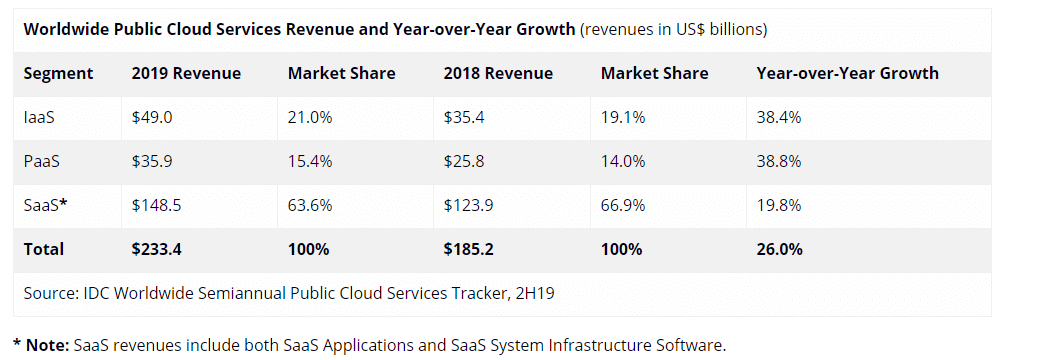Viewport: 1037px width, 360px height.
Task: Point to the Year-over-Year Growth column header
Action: click(847, 73)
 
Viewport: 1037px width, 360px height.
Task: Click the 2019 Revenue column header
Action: click(186, 73)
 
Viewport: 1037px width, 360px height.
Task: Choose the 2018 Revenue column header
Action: click(498, 73)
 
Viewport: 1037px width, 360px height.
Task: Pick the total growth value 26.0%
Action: click(780, 249)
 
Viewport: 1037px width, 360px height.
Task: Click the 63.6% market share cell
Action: click(310, 205)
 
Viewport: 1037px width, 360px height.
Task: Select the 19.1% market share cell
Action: click(623, 117)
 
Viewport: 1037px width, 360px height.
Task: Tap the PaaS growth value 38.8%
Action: click(779, 161)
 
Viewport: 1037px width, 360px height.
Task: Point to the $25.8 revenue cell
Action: click(464, 161)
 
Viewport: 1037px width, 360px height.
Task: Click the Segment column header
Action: click(58, 73)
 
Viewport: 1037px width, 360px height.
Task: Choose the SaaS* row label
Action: click(44, 205)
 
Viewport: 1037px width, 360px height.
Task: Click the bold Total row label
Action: click(43, 249)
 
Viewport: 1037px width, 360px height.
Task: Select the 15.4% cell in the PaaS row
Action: click(310, 161)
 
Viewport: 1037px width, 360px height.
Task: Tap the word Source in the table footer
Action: click(50, 293)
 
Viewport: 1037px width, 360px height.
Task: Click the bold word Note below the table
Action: click(47, 345)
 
